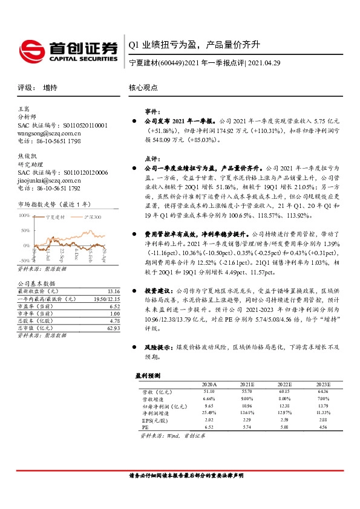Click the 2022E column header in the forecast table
[284, 384]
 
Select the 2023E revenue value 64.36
[322, 392]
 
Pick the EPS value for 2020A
[209, 419]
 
